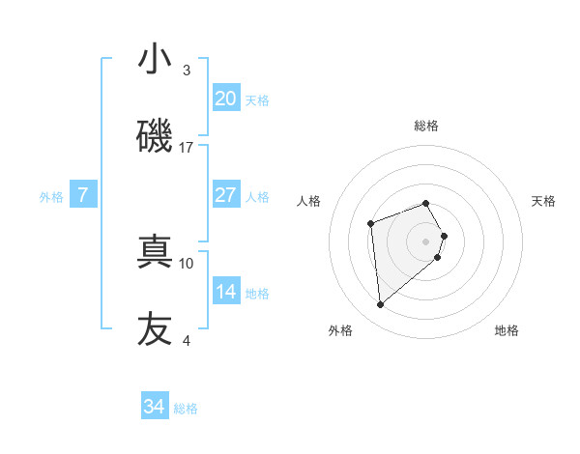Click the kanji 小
click(x=155, y=59)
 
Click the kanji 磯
click(x=155, y=136)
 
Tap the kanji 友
click(x=155, y=328)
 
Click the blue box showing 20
click(x=225, y=99)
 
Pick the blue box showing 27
click(x=225, y=195)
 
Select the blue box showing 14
click(x=225, y=292)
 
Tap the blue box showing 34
click(x=155, y=407)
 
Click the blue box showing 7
click(x=83, y=195)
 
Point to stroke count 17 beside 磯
click(x=187, y=148)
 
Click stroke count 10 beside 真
click(x=187, y=263)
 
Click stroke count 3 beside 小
click(x=187, y=71)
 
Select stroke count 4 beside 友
click(x=187, y=340)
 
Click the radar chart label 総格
click(x=426, y=126)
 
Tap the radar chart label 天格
click(x=543, y=201)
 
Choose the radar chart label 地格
click(x=507, y=330)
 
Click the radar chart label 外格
click(x=340, y=330)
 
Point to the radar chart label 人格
click(x=309, y=201)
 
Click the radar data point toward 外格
click(x=381, y=305)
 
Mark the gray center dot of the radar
click(x=426, y=241)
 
